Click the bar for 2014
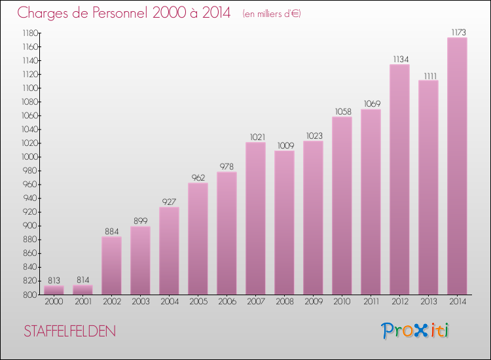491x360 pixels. (457, 166)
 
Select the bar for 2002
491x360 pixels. (111, 265)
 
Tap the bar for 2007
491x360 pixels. (255, 219)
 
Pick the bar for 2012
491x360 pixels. (399, 179)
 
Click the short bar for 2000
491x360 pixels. (54, 290)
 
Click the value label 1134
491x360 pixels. (399, 59)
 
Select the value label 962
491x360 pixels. (198, 177)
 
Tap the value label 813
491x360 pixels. (54, 280)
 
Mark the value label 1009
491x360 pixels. (284, 145)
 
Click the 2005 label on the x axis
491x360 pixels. (198, 302)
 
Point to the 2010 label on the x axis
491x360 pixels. (342, 302)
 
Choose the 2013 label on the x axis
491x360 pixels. (428, 302)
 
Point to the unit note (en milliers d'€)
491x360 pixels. (271, 14)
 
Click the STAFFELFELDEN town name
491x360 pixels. (69, 332)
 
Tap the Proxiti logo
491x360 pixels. (416, 331)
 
